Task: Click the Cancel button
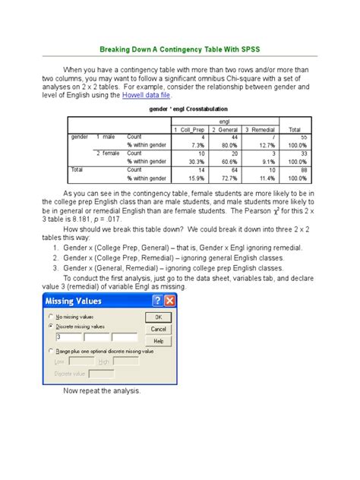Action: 159,329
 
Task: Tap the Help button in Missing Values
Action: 159,340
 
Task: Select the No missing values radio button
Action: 51,316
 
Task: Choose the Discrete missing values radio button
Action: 51,325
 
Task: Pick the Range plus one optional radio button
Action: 51,351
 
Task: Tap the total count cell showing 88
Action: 302,169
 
